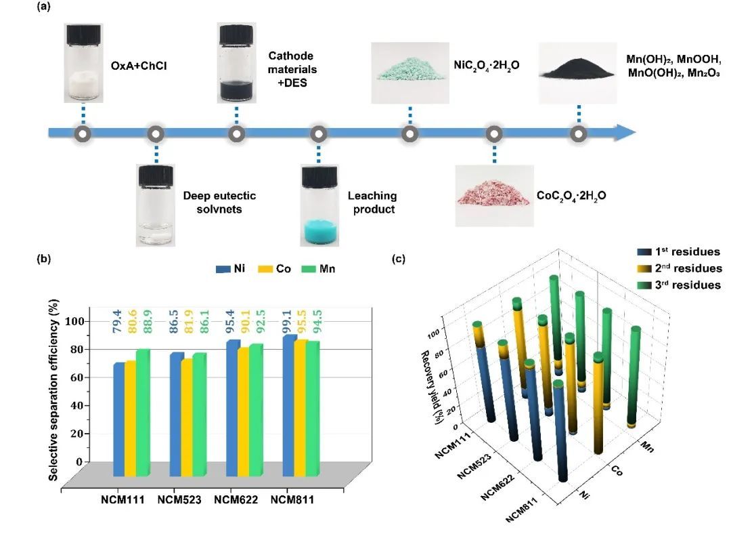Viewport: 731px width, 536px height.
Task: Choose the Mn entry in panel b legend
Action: tap(318, 269)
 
